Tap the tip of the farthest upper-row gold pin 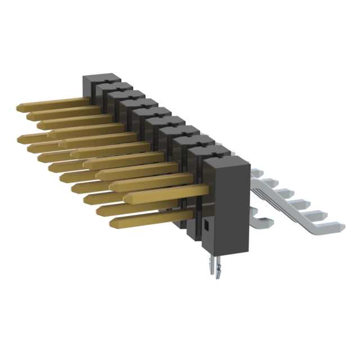pos(21,106)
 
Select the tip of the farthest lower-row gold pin pos(20,137)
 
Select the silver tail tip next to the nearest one pos(321,214)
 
